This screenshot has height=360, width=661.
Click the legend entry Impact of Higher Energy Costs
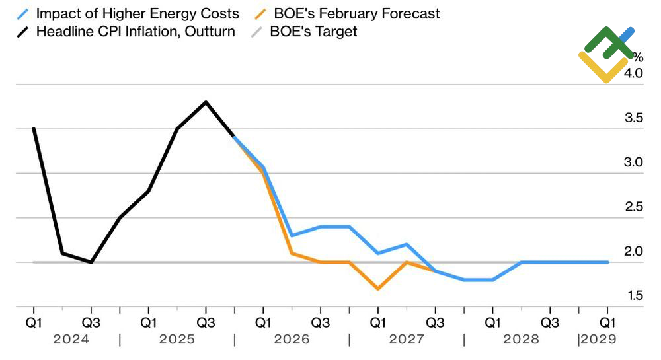137,13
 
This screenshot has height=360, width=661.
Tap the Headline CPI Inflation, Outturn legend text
136,31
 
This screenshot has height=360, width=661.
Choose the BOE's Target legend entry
313,31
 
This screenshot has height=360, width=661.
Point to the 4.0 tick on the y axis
634,73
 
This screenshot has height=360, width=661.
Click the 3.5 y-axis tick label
634,118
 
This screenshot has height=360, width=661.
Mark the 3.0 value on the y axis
634,162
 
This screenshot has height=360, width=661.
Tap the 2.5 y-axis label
634,207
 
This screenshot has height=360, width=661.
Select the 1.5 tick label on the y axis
634,295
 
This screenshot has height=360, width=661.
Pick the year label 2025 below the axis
177,339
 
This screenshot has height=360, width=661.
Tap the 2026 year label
292,339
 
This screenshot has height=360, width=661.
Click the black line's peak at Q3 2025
206,102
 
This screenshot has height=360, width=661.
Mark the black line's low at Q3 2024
91,262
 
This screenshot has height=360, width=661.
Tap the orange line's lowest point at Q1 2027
377,289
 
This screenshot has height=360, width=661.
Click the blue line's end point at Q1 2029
607,262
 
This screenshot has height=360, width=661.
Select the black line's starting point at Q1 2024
33,129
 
